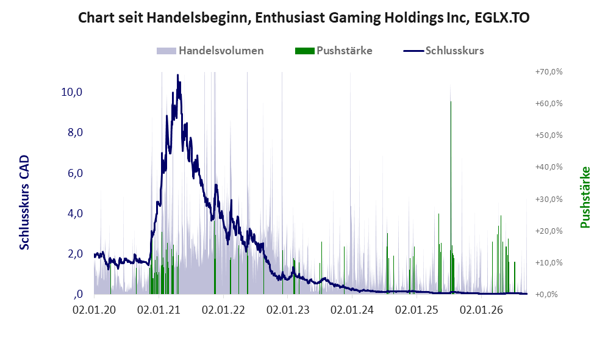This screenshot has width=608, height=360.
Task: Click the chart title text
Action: click(x=304, y=18)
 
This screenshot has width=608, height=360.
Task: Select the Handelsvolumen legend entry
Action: click(x=210, y=51)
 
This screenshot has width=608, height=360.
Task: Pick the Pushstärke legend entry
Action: click(x=334, y=51)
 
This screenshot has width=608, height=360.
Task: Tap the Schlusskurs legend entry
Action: click(x=443, y=51)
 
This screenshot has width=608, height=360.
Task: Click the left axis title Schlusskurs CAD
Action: click(x=24, y=203)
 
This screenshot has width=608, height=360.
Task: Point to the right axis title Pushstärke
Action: click(x=585, y=197)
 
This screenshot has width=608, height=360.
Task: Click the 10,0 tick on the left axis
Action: click(x=72, y=92)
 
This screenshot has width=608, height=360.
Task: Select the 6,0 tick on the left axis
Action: click(x=75, y=173)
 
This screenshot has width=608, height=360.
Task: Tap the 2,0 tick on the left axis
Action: click(x=75, y=254)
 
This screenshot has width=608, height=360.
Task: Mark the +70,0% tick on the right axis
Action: click(x=549, y=72)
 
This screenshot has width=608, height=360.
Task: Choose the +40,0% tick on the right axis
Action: click(x=549, y=167)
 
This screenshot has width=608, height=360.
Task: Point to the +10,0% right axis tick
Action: click(x=549, y=262)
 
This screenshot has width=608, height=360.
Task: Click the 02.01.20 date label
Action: click(x=95, y=310)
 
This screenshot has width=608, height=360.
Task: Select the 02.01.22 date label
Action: click(x=223, y=310)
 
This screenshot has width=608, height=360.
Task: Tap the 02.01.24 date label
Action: click(x=352, y=310)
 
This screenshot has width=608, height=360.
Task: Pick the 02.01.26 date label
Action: click(x=481, y=310)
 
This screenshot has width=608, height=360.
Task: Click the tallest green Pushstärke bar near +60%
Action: click(x=451, y=198)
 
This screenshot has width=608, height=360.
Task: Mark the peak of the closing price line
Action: click(x=177, y=75)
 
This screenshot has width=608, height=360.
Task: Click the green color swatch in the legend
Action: click(x=305, y=51)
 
